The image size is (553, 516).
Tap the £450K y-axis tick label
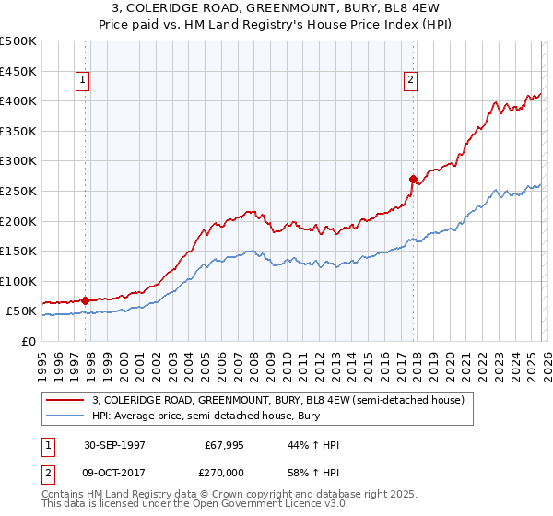pos(18,71)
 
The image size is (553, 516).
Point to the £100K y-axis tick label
pos(18,282)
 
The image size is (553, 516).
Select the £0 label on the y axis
pos(29,342)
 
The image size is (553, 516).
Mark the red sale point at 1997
pos(86,300)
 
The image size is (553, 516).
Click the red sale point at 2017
pos(413,179)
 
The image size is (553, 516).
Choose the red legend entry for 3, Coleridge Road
pos(284,400)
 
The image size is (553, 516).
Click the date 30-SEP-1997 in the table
pos(109,445)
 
